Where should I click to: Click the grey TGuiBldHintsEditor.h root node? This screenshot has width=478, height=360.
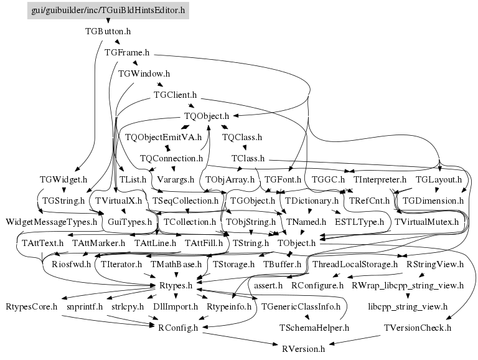click(x=108, y=11)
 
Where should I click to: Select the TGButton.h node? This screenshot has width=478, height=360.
click(x=108, y=31)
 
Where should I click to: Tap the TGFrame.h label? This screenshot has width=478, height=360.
click(x=127, y=52)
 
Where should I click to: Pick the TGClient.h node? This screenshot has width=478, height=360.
click(x=176, y=95)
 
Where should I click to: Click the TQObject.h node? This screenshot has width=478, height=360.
click(x=207, y=116)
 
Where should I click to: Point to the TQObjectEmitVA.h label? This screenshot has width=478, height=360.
click(x=164, y=137)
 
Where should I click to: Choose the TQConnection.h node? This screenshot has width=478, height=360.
click(x=171, y=158)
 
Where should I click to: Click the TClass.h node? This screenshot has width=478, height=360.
click(x=248, y=158)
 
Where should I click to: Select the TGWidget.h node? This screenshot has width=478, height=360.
click(x=63, y=179)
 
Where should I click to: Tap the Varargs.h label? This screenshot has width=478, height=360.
click(x=176, y=180)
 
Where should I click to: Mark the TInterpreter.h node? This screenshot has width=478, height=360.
click(x=380, y=179)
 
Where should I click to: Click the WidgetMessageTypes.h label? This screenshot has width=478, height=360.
click(x=51, y=222)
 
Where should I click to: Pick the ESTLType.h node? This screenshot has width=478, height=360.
click(x=359, y=222)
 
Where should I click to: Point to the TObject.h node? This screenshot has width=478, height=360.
click(x=296, y=243)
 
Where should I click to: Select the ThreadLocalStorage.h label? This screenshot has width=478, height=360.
click(x=355, y=264)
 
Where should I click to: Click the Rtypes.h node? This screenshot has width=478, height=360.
click(x=176, y=285)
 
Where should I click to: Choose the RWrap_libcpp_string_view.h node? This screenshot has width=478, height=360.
click(x=408, y=285)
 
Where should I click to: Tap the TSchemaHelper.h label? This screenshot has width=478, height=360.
click(x=314, y=328)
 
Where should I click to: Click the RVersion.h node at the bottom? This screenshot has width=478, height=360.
click(x=303, y=349)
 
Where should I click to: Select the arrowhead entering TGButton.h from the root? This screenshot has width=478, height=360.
click(x=108, y=21)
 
